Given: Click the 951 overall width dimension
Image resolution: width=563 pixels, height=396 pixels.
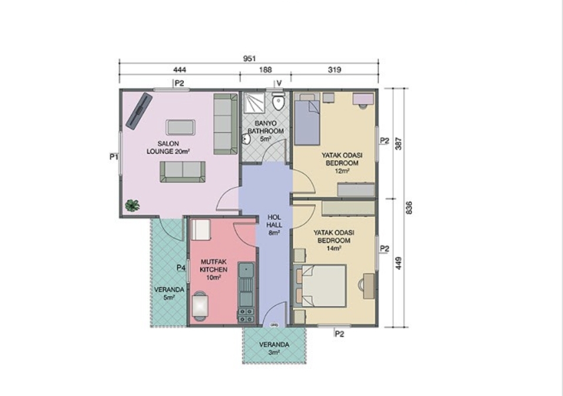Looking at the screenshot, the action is pyautogui.click(x=249, y=59).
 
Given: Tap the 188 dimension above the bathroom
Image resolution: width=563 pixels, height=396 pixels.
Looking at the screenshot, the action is pyautogui.click(x=266, y=69).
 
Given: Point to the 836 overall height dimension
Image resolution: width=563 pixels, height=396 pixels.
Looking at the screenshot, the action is pyautogui.click(x=408, y=208).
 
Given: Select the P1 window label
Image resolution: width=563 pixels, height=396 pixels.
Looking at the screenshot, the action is pyautogui.click(x=114, y=157).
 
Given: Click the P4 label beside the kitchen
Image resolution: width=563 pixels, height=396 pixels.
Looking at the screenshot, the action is pyautogui.click(x=181, y=268).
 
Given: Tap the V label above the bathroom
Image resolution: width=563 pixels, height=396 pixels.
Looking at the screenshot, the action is pyautogui.click(x=279, y=83).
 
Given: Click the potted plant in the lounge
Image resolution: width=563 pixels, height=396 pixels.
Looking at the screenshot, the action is pyautogui.click(x=132, y=205).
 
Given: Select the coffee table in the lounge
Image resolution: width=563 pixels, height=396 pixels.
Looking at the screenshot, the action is pyautogui.click(x=180, y=127).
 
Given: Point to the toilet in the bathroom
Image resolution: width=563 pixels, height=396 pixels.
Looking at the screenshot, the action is pyautogui.click(x=278, y=101).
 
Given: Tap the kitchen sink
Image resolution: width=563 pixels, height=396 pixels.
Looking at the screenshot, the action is pyautogui.click(x=246, y=282).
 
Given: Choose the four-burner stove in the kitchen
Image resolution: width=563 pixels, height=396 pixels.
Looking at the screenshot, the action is pyautogui.click(x=246, y=315).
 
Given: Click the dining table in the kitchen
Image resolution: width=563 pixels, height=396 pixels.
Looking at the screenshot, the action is pyautogui.click(x=200, y=305).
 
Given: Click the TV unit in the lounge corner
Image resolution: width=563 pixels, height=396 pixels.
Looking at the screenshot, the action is pyautogui.click(x=139, y=111).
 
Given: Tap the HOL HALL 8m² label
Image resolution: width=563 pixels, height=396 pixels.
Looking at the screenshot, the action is pyautogui.click(x=274, y=225).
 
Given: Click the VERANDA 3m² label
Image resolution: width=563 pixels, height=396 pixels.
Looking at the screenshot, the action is pyautogui.click(x=274, y=348).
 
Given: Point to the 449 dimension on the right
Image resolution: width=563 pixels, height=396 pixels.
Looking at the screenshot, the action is pyautogui.click(x=398, y=263).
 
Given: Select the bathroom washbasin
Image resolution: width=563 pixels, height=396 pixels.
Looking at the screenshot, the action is pyautogui.click(x=246, y=138).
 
